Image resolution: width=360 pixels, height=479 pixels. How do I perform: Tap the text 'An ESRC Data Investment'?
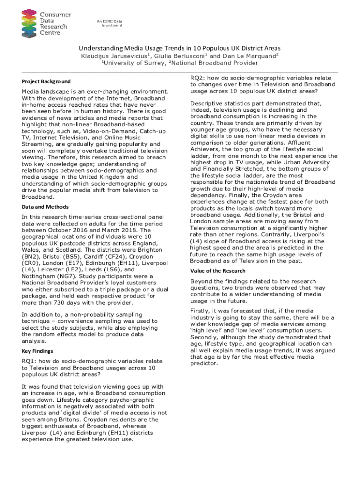coord(109,23)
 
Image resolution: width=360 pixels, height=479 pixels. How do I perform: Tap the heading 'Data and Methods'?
coord(45,207)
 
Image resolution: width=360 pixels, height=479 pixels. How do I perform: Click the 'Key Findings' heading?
coord(37,351)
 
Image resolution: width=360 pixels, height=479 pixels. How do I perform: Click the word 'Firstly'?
coord(202,311)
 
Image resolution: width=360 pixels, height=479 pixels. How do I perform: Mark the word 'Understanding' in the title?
coord(101,48)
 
